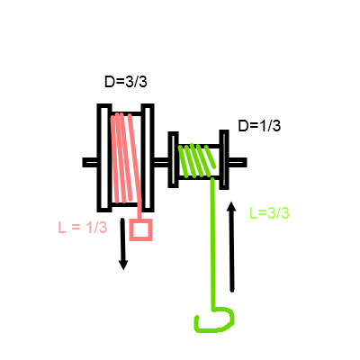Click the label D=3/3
(x=126, y=82)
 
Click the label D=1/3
(x=259, y=126)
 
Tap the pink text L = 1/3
(x=83, y=228)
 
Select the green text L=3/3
(x=269, y=213)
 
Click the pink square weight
(x=141, y=229)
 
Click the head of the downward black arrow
(x=123, y=265)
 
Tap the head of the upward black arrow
(x=231, y=207)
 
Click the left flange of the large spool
(x=104, y=157)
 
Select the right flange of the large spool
(x=148, y=157)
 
